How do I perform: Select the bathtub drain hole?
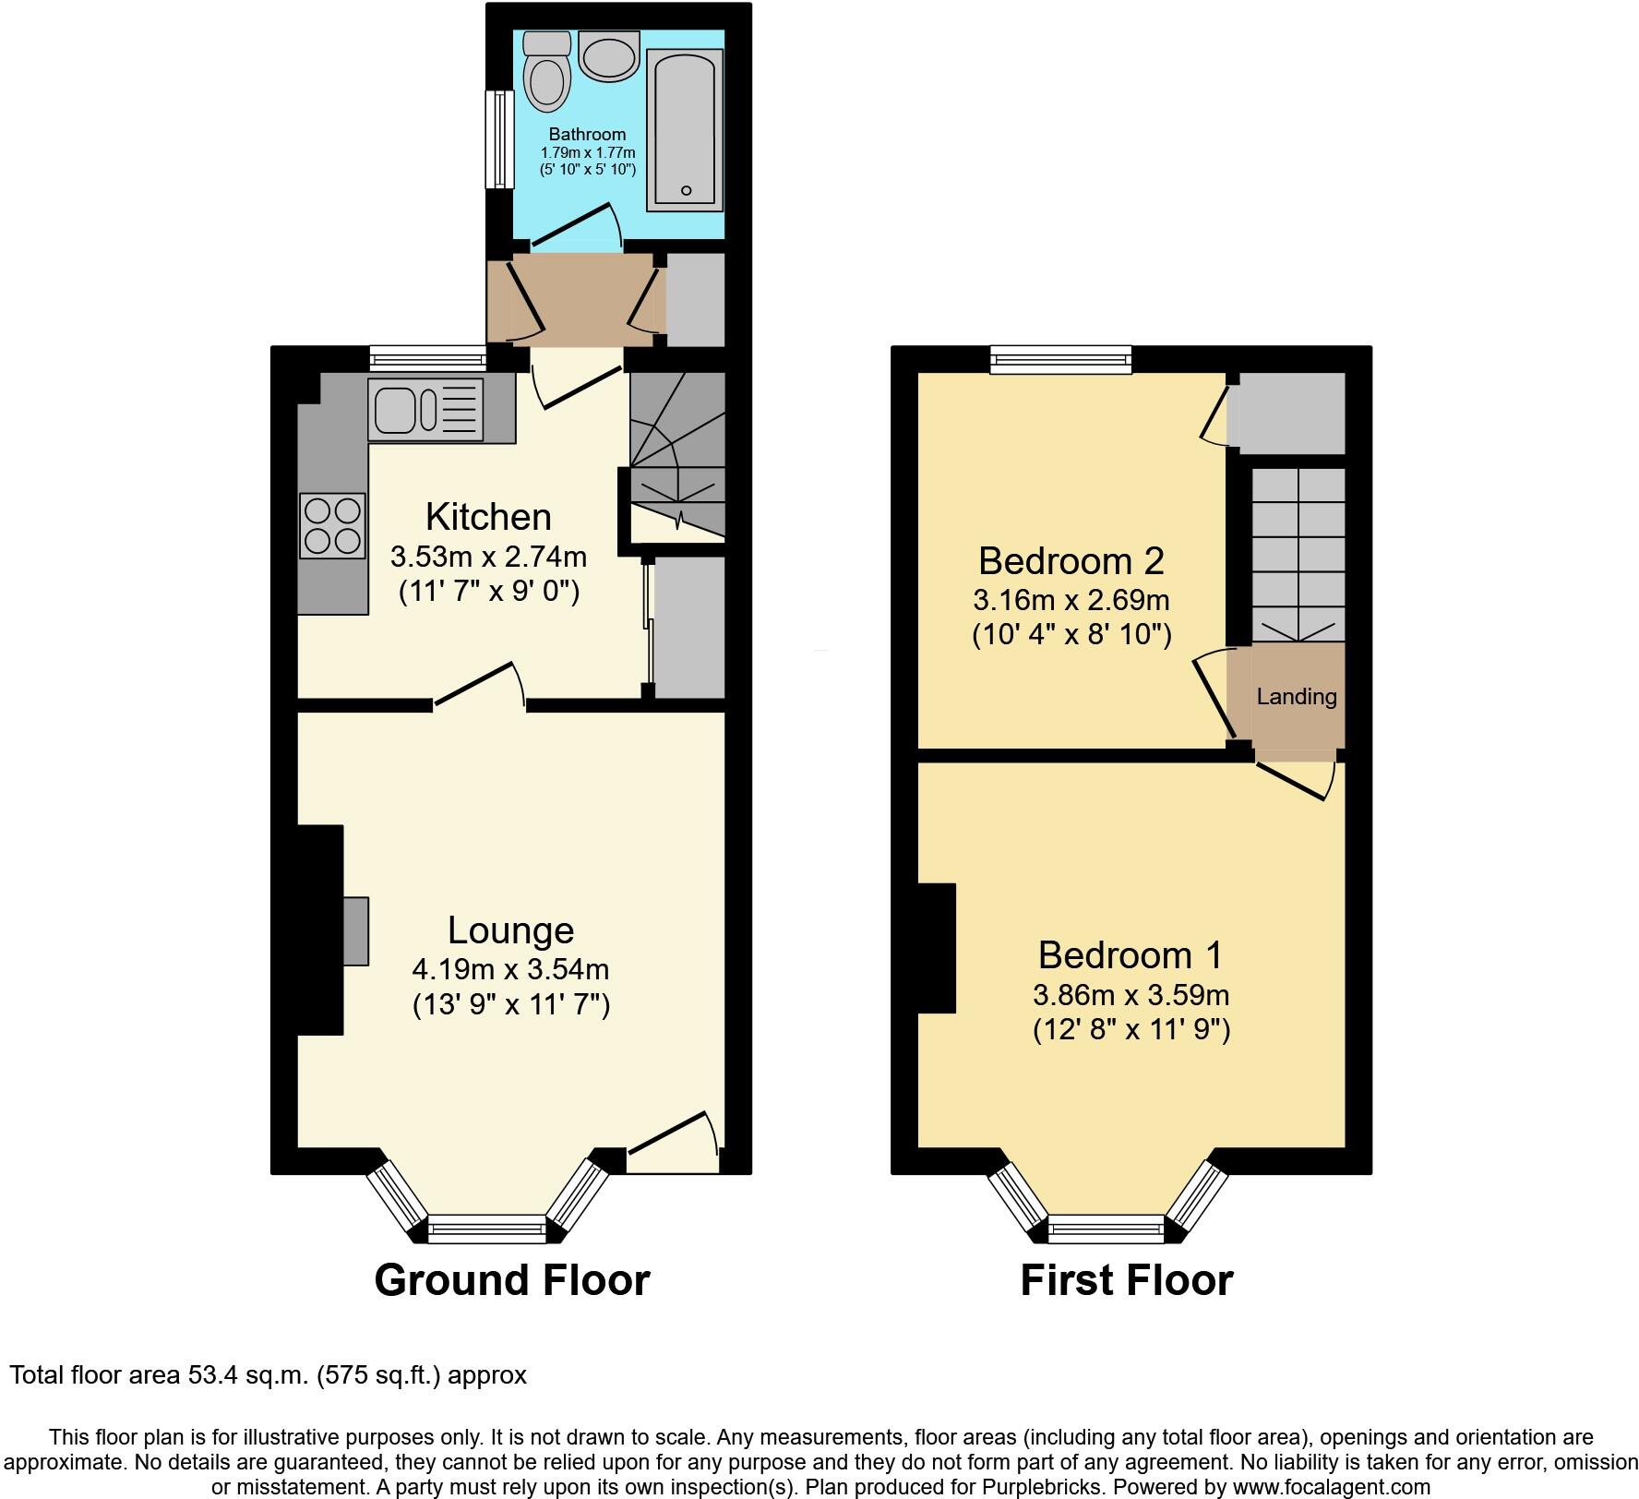[686, 190]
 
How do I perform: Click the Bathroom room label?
[587, 135]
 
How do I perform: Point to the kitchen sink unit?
[425, 409]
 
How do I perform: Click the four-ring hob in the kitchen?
[332, 525]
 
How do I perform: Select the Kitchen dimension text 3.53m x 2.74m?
[488, 558]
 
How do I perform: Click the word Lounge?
[510, 929]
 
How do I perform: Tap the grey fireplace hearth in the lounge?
[355, 931]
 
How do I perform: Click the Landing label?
[1296, 697]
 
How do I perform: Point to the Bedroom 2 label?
[1071, 560]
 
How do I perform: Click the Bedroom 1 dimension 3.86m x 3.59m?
[1131, 996]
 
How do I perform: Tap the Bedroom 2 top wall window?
[1060, 360]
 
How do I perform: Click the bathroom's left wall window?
[500, 138]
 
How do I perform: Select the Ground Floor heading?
[512, 1280]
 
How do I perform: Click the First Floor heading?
[1126, 1280]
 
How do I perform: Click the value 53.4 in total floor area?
[211, 1375]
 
